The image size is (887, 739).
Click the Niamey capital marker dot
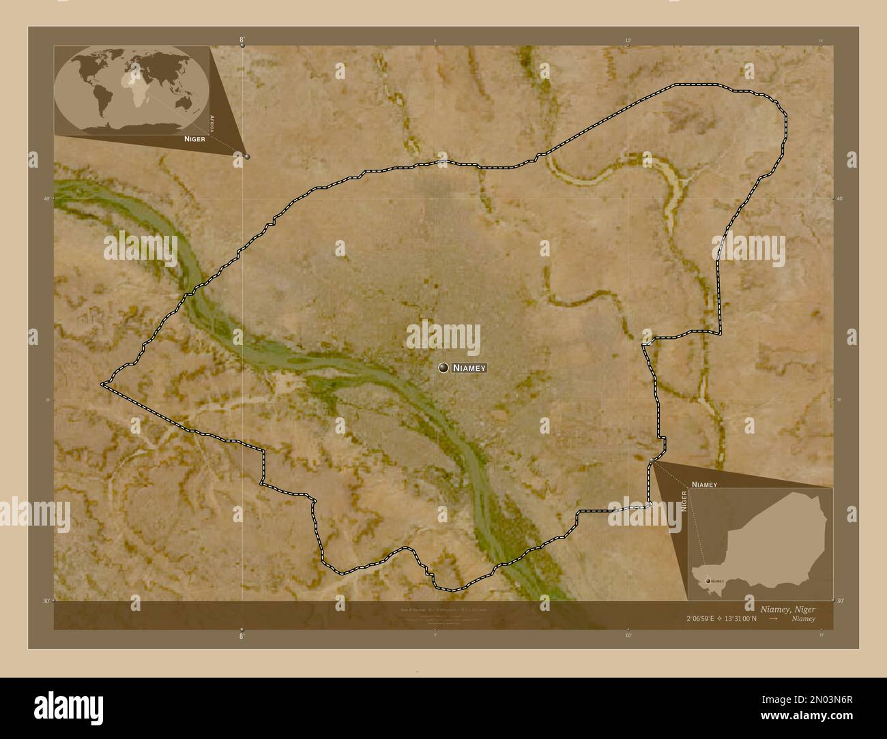[444, 368]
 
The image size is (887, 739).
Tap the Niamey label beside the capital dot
[469, 368]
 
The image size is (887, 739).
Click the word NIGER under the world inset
[194, 138]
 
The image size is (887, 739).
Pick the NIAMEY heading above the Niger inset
[704, 483]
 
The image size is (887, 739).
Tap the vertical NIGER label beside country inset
[683, 500]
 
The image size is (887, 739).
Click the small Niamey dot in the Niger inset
[706, 581]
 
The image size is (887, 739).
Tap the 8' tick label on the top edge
[242, 40]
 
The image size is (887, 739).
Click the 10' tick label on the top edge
[628, 40]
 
